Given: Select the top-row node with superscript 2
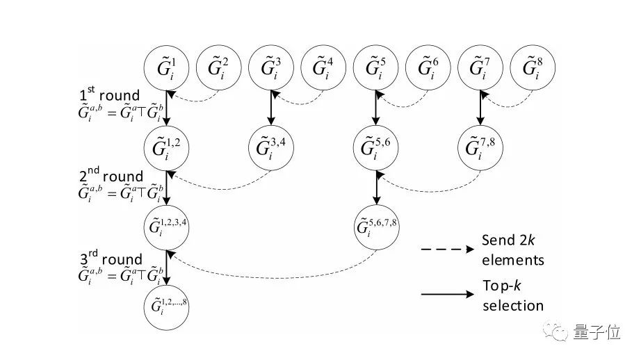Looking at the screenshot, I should [219, 69].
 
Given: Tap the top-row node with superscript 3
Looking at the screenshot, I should [271, 69].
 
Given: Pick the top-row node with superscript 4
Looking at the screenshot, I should [323, 69].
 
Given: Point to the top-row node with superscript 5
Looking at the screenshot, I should [376, 69].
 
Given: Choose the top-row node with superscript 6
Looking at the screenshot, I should [428, 69].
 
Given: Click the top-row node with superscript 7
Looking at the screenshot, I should [480, 69].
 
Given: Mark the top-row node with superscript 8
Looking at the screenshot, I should [532, 69].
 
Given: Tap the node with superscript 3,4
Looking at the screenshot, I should [271, 148].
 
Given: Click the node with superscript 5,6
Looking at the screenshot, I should [376, 148].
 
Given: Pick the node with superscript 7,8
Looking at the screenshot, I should [480, 148].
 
